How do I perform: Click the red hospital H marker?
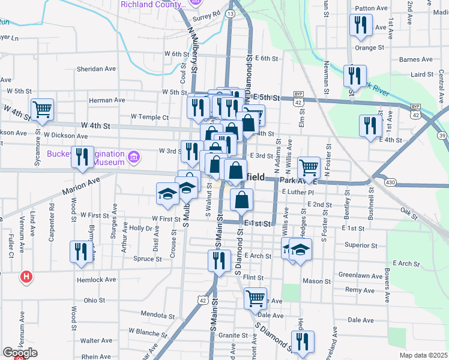26,277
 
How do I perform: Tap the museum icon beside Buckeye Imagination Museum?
134,157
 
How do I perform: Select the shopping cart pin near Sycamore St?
43,109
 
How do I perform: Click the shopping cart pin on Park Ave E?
309,167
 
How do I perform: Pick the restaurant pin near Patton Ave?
361,25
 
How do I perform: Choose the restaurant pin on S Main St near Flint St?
218,260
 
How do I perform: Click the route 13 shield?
231,13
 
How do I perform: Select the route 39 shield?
442,137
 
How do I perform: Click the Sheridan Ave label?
96,69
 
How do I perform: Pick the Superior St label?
361,245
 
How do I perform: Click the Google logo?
20,353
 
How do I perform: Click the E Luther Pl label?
298,193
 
